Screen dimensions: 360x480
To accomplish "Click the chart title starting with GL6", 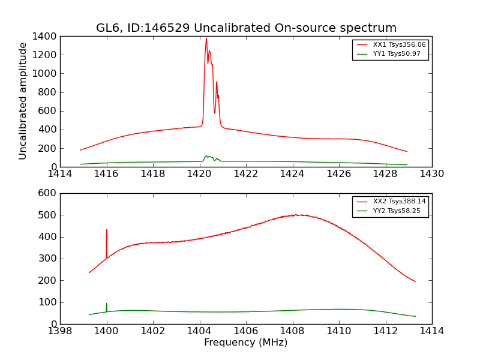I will tap(246, 28).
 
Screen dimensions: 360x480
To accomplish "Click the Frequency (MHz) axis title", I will tap(245, 343).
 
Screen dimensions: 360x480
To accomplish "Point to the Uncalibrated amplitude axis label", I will tap(23, 101).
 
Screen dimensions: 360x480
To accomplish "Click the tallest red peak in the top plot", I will tap(206, 39).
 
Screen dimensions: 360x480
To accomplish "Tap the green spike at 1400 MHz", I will tap(107, 304).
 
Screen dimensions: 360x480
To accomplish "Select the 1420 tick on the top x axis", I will tap(199, 174).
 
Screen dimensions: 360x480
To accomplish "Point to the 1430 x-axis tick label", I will tap(431, 174).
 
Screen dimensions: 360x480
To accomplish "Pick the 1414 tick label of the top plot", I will tap(60, 174).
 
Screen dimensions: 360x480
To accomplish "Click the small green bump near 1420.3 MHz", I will tap(206, 156).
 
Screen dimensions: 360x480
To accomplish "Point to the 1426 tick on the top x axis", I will tap(339, 174).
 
